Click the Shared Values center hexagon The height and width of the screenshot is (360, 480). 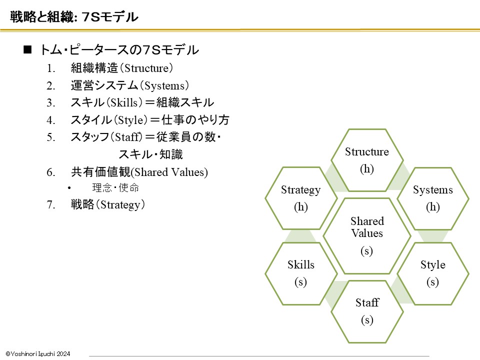coord(366,236)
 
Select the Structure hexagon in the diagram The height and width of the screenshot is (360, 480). coord(367,160)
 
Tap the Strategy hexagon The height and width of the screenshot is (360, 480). coord(301,198)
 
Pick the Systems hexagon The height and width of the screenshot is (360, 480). coord(433,198)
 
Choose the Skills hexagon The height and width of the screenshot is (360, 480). coord(301,273)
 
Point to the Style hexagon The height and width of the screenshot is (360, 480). coord(433,273)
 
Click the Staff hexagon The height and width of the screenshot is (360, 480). coord(367,311)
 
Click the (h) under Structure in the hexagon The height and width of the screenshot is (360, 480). coord(367,169)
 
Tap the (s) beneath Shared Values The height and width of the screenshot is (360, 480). coord(366,251)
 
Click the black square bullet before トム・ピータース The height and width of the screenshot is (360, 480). coord(27,49)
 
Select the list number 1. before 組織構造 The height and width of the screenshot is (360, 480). coord(51,68)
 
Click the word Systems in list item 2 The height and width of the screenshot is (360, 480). coord(164,86)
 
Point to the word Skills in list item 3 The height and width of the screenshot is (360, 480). coord(124,103)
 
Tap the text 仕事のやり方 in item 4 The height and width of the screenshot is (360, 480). coord(195,119)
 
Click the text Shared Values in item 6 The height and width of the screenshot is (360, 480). coord(169,172)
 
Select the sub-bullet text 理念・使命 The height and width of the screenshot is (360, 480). coord(115,187)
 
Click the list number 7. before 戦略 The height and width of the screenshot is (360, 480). coord(51,205)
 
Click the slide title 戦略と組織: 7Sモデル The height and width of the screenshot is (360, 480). coord(74,16)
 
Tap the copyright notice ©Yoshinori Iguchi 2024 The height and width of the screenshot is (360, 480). coord(38,354)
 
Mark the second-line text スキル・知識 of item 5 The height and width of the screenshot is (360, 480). coord(150,154)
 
